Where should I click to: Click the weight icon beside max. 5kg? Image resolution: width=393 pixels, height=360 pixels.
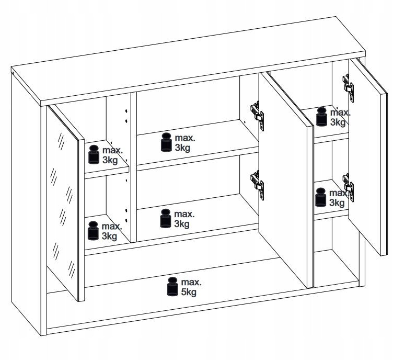[x=173, y=286]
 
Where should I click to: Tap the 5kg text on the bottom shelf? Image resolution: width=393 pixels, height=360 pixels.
[x=189, y=292]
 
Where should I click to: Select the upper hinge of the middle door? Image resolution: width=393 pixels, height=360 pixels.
[x=257, y=116]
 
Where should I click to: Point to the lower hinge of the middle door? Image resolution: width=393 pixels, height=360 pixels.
[x=257, y=185]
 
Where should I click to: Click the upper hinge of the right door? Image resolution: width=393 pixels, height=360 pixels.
[x=349, y=88]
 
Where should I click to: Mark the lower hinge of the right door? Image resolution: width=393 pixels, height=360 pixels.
[x=349, y=187]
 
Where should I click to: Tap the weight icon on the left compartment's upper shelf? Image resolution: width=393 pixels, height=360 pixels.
[x=94, y=154]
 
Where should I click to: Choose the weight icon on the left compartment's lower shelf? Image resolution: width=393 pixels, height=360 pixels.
[x=93, y=231]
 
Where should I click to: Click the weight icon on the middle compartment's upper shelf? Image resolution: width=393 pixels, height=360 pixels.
[x=166, y=142]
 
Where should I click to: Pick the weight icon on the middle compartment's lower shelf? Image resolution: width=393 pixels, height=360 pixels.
[x=166, y=219]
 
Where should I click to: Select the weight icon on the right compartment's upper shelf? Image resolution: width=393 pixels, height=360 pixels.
[x=321, y=116]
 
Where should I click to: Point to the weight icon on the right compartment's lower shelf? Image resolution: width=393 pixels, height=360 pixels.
[x=320, y=197]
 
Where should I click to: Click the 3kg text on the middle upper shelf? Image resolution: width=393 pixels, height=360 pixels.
[x=182, y=148]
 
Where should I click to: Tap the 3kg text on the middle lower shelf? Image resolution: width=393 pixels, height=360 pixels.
[x=182, y=224]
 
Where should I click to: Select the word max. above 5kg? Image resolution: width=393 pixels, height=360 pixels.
[x=191, y=282]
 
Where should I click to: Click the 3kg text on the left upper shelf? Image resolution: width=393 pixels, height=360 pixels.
[x=110, y=160]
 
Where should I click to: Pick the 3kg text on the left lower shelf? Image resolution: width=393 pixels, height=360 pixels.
[x=109, y=236]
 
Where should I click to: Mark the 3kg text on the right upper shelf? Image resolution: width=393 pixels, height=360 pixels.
[x=338, y=122]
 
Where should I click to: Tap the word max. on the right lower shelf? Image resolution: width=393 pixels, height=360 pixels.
[x=339, y=193]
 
